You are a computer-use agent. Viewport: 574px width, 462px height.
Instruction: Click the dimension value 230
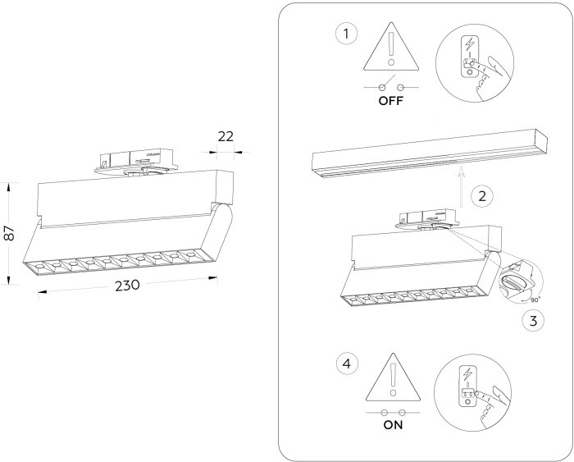[x=128, y=285]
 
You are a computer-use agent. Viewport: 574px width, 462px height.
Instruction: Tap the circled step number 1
[x=348, y=34]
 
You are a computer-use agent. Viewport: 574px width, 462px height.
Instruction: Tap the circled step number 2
[x=483, y=196]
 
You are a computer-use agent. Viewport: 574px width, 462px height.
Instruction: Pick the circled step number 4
[x=348, y=362]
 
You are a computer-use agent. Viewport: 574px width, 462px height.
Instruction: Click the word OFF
[x=391, y=102]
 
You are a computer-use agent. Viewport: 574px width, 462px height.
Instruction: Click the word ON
[x=391, y=426]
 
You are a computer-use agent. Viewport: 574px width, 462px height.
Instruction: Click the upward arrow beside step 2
[x=462, y=185]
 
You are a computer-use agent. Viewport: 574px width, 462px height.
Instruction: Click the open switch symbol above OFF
[x=390, y=86]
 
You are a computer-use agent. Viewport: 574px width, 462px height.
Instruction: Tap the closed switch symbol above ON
[x=391, y=411]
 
